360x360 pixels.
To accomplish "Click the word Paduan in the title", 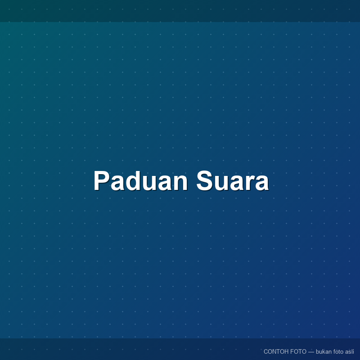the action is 141,181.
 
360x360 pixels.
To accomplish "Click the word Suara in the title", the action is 232,181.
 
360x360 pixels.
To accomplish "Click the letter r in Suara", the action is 247,183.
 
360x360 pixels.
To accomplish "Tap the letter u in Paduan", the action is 151,183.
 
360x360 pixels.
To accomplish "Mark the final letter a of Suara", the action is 261,183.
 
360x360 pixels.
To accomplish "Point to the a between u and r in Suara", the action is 234,183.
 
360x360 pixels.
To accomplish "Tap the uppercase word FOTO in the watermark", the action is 298,351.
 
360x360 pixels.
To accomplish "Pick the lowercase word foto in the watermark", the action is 338,351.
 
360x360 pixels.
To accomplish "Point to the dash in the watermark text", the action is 311,352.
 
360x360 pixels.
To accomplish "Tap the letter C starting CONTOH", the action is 266,351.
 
